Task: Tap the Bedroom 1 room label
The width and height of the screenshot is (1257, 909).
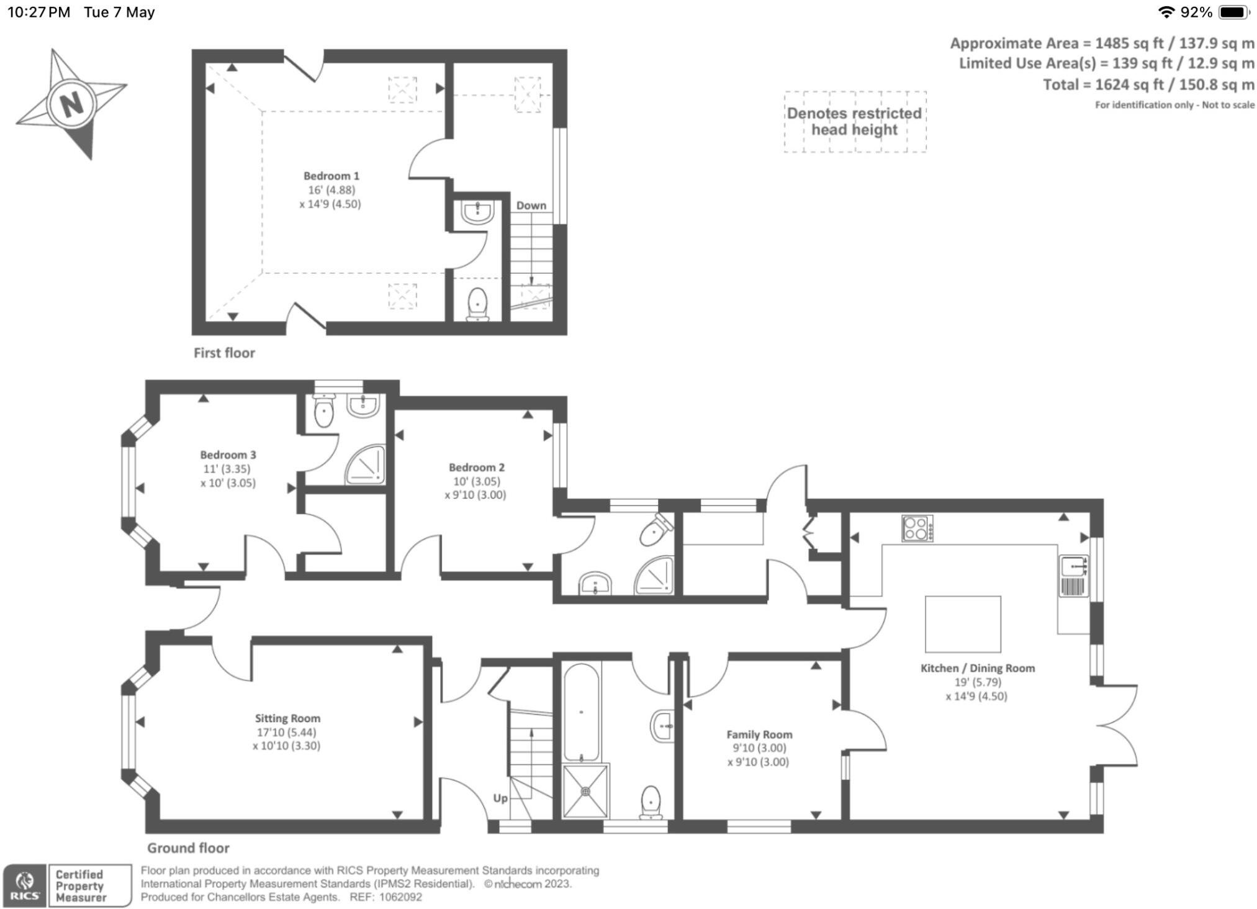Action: coord(331,176)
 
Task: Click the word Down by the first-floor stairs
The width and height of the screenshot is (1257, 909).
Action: coord(531,206)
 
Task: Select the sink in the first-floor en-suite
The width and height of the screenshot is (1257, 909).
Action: coord(477,212)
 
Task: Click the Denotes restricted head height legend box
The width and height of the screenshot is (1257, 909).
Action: coord(854,122)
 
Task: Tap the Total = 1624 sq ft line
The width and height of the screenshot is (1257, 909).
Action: coord(1148,84)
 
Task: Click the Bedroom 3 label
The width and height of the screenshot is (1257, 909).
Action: coord(228,455)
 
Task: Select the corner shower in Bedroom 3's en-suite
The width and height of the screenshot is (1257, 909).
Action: coord(366,464)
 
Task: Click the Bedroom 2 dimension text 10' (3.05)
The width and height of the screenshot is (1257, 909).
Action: coord(476,481)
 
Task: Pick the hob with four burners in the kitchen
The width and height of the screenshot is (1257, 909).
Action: coord(917,528)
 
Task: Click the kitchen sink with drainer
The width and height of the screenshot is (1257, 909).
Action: coord(1073,575)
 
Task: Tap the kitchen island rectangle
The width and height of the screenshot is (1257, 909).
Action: coord(962,623)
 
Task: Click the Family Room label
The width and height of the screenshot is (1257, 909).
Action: coord(759,735)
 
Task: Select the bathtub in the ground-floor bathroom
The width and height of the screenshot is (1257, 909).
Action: coord(581,712)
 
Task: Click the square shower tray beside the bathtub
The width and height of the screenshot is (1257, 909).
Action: coord(585,791)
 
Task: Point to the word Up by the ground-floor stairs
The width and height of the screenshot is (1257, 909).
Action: coord(500,798)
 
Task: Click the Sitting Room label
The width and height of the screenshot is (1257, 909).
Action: coord(287,718)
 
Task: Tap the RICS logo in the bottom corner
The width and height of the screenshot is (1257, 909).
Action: coord(25,885)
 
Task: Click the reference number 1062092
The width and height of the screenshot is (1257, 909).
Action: coord(400,897)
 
